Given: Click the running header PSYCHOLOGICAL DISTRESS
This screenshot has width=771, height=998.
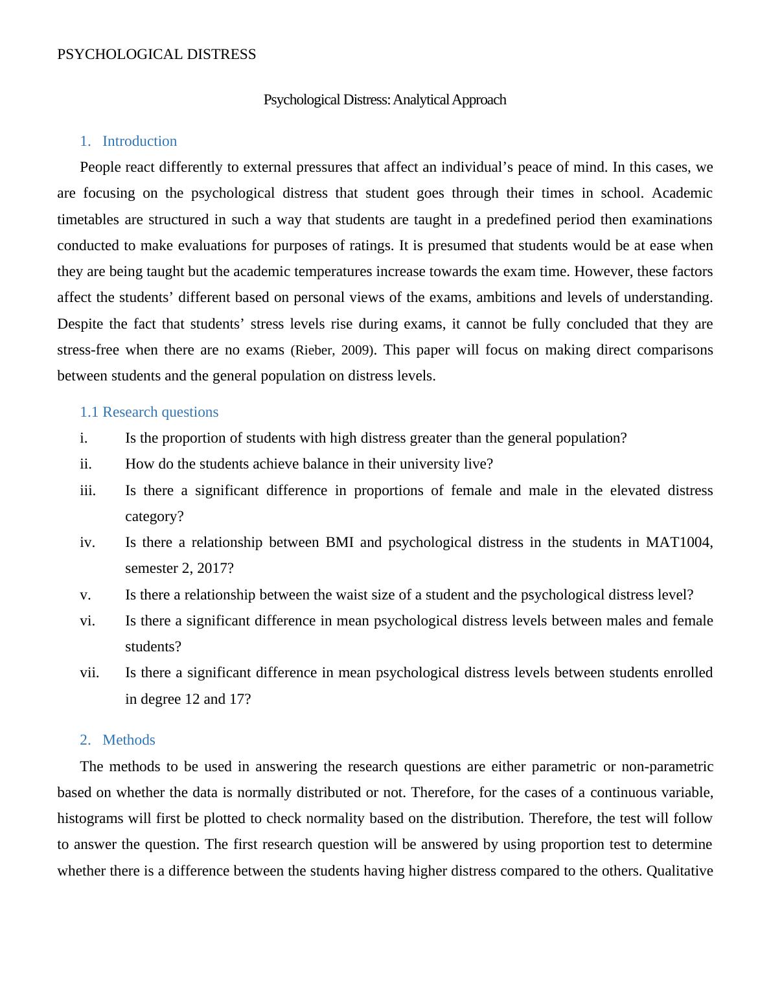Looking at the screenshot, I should pyautogui.click(x=156, y=54).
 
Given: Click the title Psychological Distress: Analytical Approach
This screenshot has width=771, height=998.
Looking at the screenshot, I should pyautogui.click(x=384, y=100).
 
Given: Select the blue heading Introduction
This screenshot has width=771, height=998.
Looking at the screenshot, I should pyautogui.click(x=139, y=141).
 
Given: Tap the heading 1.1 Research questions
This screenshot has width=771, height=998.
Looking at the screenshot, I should pyautogui.click(x=149, y=412).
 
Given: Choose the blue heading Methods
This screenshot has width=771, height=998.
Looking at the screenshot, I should pyautogui.click(x=128, y=740).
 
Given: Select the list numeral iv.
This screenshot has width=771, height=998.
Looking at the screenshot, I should pyautogui.click(x=87, y=542).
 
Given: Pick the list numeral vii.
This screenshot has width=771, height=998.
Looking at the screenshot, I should pyautogui.click(x=89, y=673).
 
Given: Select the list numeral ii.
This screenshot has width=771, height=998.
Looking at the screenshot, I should pyautogui.click(x=86, y=464).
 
